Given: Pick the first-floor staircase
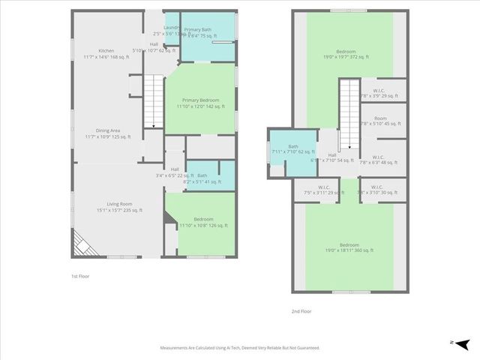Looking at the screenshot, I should coord(153,100).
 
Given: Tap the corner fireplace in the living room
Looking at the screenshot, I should coord(82,244).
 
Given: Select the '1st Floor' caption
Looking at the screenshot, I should coord(71,276).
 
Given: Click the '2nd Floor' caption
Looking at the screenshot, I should coord(301,310).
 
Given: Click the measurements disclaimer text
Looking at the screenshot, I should coord(240,348).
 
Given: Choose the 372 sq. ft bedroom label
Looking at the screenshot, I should coord(349,52).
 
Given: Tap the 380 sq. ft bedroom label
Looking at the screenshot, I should coord(349,247).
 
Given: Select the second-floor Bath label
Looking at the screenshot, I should coord(292,149).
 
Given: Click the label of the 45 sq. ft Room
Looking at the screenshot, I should coord(381,121).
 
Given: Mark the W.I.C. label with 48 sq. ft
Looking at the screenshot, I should coord(381,159).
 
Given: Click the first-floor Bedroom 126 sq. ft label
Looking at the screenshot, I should coord(204,222).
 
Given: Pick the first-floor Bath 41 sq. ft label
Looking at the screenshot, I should coord(202,178).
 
